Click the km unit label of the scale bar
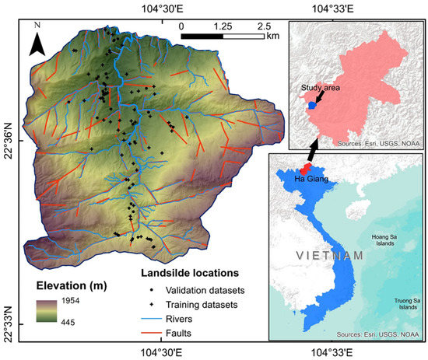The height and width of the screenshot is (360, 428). click(272, 36)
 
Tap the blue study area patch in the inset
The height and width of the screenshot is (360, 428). click(311, 104)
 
